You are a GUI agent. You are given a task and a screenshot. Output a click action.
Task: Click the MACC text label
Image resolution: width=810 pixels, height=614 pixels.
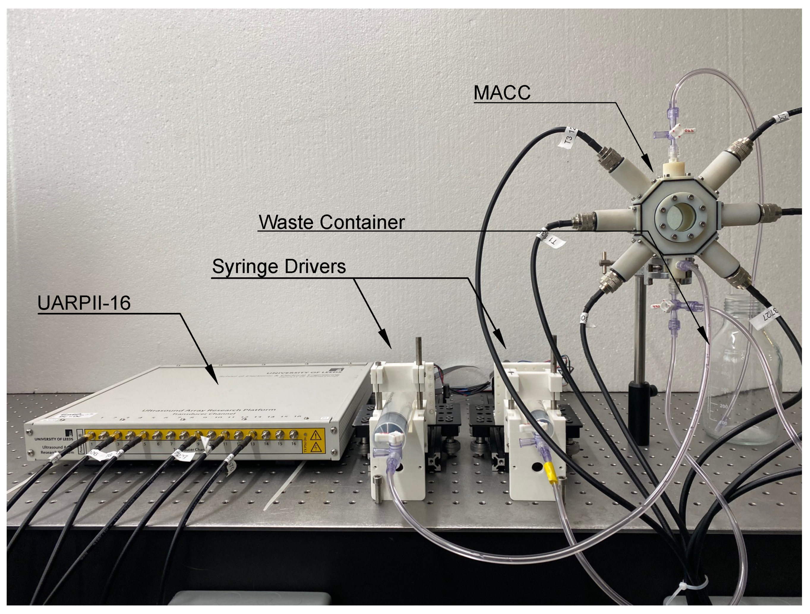[502, 93]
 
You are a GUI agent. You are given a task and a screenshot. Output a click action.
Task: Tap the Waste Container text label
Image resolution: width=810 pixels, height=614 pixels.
[331, 222]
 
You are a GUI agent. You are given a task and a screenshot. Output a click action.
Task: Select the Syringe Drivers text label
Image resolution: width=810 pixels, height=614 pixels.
[279, 266]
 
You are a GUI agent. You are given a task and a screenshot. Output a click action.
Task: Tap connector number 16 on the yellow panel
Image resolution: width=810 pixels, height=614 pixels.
[293, 434]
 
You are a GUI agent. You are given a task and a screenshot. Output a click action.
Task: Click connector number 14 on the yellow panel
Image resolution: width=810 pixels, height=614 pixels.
[266, 435]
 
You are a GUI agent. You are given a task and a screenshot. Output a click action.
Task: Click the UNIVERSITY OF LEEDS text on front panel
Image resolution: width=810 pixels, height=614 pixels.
[53, 439]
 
